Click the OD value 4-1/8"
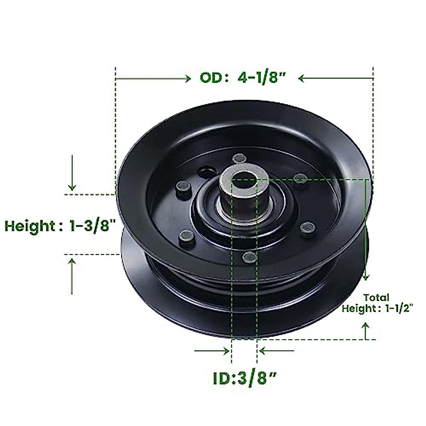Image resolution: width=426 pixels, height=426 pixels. click(x=262, y=78)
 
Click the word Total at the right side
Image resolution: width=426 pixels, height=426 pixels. click(x=376, y=297)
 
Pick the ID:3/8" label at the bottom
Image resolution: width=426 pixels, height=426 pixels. click(x=245, y=379)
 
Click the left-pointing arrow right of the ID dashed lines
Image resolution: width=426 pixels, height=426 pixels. click(x=277, y=351)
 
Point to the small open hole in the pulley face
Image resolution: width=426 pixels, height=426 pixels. click(x=205, y=173)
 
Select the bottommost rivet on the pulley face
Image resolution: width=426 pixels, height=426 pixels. click(x=250, y=257)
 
